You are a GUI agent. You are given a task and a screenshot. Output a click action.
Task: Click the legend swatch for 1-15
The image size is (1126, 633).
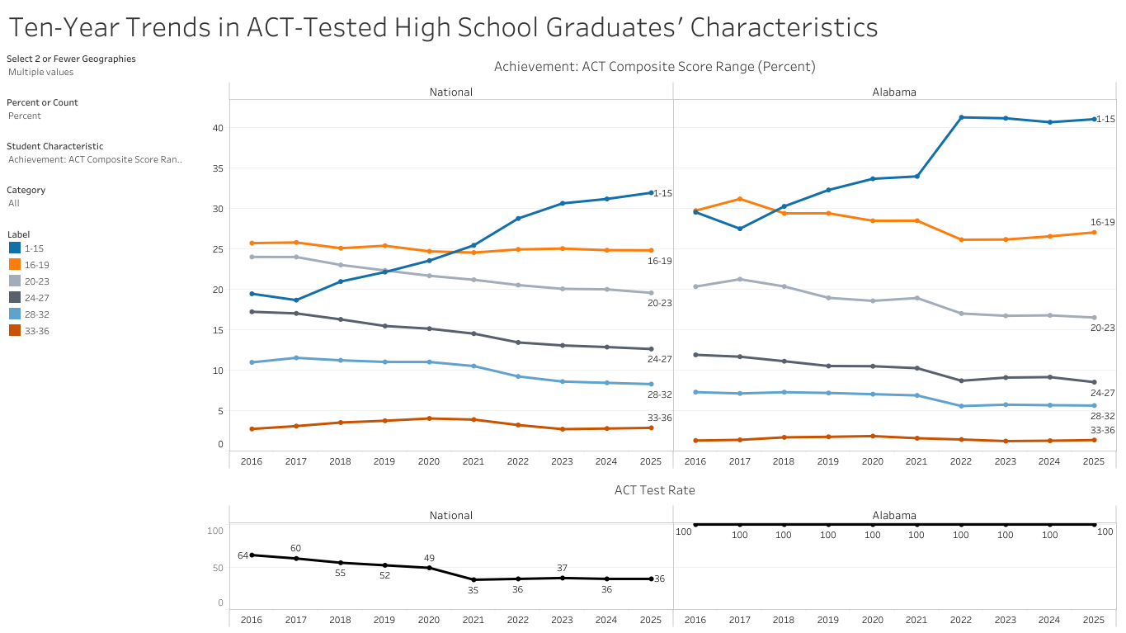15,248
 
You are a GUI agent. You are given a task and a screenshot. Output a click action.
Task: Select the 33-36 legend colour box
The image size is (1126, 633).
15,330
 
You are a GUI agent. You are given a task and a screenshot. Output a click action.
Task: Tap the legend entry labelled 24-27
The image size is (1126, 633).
37,297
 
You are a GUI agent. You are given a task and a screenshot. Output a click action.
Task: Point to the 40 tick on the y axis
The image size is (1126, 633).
218,128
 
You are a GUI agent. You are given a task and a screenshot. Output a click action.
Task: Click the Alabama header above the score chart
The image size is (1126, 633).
894,92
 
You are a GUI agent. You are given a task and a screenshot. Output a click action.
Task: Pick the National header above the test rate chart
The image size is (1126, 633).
450,516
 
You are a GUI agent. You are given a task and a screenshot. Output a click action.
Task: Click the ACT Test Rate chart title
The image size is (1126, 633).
654,490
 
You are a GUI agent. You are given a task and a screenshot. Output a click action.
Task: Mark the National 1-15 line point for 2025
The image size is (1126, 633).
651,193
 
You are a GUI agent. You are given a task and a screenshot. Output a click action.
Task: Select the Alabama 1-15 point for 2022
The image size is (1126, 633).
961,117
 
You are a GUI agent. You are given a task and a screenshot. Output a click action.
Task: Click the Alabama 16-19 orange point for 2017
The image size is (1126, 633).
740,199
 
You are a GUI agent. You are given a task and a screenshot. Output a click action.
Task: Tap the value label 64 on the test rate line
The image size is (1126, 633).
243,555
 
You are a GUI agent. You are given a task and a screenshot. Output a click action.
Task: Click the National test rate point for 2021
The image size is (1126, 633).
473,579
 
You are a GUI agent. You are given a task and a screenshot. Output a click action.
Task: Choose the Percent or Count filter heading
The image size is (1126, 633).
42,102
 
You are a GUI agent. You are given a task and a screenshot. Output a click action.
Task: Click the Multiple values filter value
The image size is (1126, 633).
40,72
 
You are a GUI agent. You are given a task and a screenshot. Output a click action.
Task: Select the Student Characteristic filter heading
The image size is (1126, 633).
54,146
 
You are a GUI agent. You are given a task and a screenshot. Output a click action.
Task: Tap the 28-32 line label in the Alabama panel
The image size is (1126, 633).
1103,417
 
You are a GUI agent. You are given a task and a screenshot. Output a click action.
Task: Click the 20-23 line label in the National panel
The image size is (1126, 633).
659,303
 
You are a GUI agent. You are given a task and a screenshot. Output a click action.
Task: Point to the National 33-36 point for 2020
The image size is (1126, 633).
429,418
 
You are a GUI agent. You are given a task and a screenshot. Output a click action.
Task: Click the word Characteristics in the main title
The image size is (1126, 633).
784,28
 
